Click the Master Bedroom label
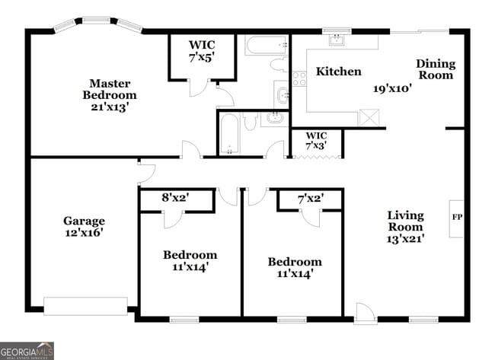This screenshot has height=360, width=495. pyautogui.click(x=110, y=89)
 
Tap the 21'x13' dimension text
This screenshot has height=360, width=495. pyautogui.click(x=110, y=107)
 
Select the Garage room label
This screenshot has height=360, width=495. pyautogui.click(x=84, y=221)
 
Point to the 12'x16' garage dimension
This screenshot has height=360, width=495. pyautogui.click(x=84, y=233)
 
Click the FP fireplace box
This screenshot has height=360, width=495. pyautogui.click(x=457, y=218)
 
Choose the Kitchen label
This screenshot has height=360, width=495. pyautogui.click(x=339, y=72)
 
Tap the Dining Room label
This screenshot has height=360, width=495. pyautogui.click(x=435, y=69)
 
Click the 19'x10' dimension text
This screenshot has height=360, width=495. pyautogui.click(x=392, y=88)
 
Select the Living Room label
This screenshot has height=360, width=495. pyautogui.click(x=404, y=221)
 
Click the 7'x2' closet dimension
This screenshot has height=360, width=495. pyautogui.click(x=310, y=198)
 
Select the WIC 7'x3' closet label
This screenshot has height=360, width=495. pyautogui.click(x=316, y=140)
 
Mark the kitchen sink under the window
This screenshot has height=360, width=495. pyautogui.click(x=336, y=41)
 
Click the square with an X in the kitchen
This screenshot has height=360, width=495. pyautogui.click(x=369, y=118)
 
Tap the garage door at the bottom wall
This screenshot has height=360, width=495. pyautogui.click(x=85, y=306)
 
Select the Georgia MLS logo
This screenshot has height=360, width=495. pyautogui.click(x=27, y=350)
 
